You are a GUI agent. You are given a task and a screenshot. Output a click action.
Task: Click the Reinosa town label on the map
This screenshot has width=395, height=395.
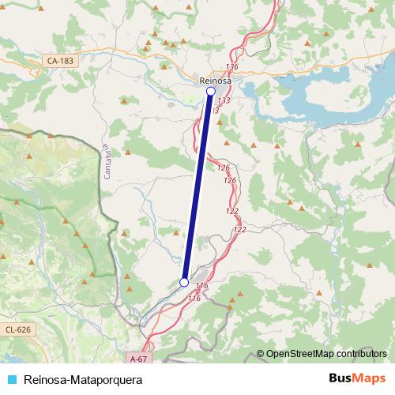[215, 79]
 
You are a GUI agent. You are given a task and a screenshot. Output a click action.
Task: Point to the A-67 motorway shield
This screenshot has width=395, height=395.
[137, 357]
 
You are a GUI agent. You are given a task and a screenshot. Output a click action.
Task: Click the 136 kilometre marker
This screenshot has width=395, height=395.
[231, 66]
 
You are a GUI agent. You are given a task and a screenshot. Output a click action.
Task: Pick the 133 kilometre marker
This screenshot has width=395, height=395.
[224, 100]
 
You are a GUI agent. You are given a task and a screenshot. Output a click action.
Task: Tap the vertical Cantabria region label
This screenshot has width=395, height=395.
[108, 161]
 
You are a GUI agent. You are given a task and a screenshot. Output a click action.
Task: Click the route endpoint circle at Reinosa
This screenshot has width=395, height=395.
[210, 92]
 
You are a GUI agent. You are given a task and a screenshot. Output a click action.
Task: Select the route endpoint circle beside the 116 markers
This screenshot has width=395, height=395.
[184, 282]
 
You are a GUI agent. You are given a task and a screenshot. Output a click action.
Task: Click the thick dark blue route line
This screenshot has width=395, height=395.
[197, 186]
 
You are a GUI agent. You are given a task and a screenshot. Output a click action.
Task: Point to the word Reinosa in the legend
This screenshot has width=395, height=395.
[45, 378]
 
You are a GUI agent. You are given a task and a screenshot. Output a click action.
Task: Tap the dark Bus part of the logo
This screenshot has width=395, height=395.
[340, 378]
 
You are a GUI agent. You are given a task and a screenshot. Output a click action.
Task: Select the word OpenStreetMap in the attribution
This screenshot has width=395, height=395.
[303, 353]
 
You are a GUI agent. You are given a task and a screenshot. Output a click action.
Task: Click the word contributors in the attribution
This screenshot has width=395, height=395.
[363, 353]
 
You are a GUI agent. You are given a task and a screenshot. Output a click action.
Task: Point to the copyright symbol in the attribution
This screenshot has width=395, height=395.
[261, 353]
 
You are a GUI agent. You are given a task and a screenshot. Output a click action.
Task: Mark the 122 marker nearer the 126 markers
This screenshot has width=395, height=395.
[232, 211]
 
